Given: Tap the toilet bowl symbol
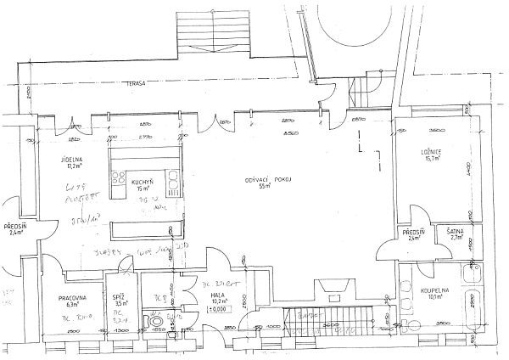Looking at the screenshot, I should (154, 322).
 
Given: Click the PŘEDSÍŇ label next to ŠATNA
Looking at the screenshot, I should (413, 231).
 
